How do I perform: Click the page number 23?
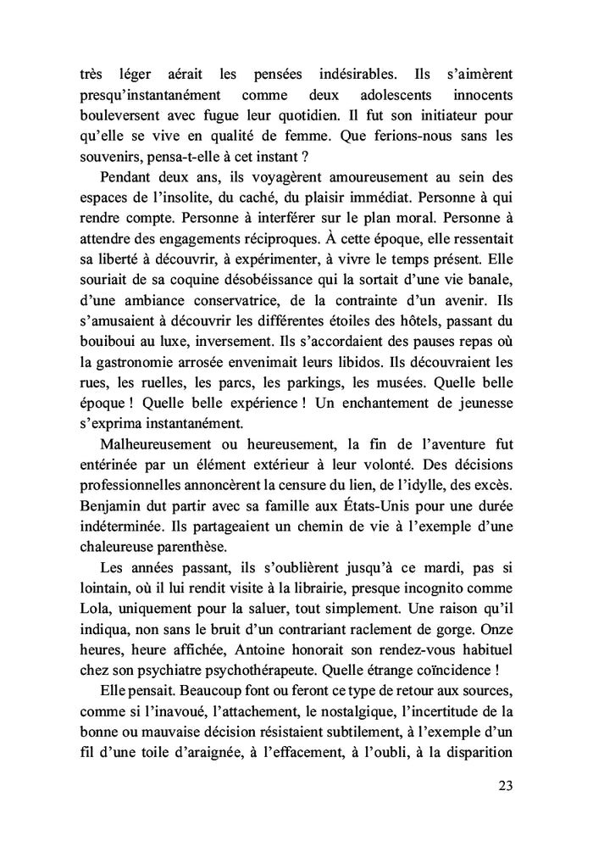coord(504,784)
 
